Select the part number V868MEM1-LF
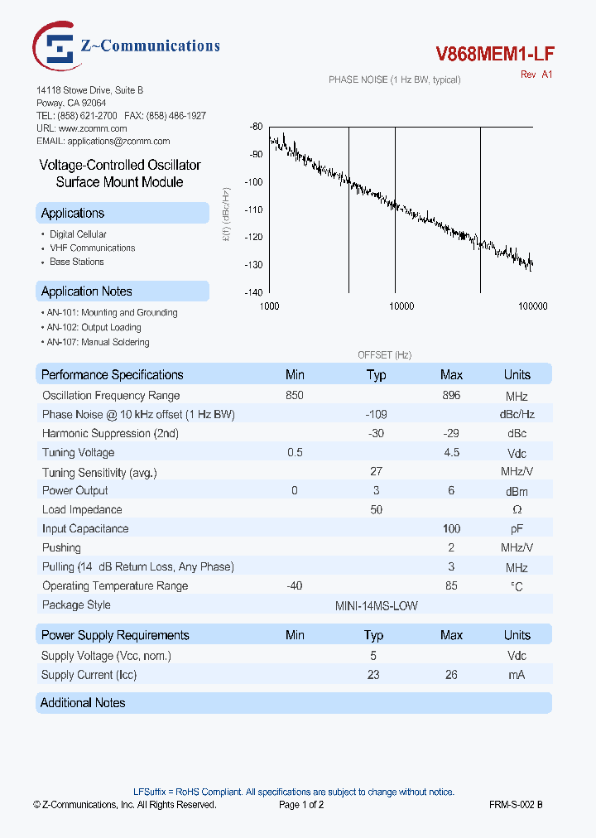[x=495, y=55]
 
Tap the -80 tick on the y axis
[x=256, y=127]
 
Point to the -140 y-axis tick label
[x=253, y=292]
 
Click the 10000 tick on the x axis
[x=401, y=306]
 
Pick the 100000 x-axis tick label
[x=532, y=306]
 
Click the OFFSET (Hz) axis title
[x=384, y=354]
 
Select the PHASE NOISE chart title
[x=394, y=79]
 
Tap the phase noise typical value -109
[x=376, y=414]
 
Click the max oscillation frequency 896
[x=451, y=395]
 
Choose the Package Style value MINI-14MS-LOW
[x=376, y=605]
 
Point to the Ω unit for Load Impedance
[x=517, y=510]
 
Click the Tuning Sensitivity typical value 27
[x=376, y=471]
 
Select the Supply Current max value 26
[x=451, y=675]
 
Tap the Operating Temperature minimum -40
[x=295, y=586]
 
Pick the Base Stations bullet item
[x=77, y=262]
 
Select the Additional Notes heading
[x=84, y=703]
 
